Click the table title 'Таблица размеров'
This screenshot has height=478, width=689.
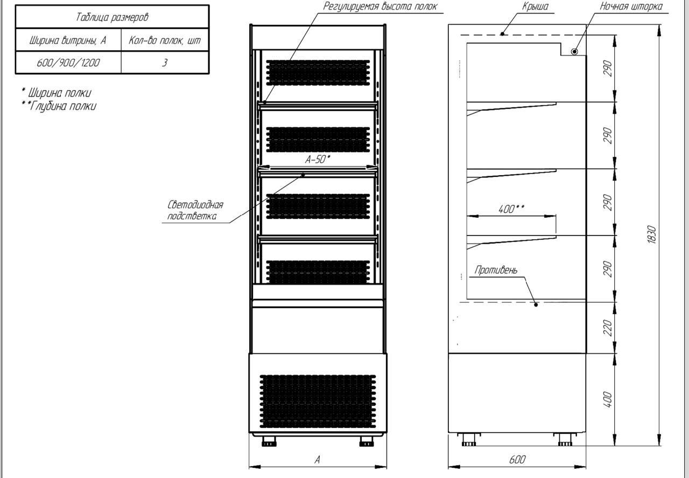[112, 17]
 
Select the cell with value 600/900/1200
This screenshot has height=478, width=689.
[68, 63]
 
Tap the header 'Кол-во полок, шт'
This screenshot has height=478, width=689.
[165, 40]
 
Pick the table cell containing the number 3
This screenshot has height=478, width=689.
[165, 63]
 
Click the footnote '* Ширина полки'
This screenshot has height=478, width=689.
[56, 93]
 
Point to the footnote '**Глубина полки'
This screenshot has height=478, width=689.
[59, 106]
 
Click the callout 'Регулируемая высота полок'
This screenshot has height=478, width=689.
[379, 6]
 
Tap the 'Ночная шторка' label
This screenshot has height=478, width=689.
[631, 6]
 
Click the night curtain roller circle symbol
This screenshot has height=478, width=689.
[574, 51]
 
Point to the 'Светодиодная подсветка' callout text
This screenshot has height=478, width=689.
[195, 210]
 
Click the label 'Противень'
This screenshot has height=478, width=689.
[496, 269]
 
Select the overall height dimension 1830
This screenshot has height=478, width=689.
[651, 234]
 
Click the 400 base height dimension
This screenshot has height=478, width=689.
[608, 399]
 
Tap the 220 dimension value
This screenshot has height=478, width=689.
[608, 327]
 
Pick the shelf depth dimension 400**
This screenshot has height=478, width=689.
[511, 209]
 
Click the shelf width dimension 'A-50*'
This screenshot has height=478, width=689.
[318, 160]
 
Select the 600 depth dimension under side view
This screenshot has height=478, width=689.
[517, 460]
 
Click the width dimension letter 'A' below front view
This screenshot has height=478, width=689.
[318, 460]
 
